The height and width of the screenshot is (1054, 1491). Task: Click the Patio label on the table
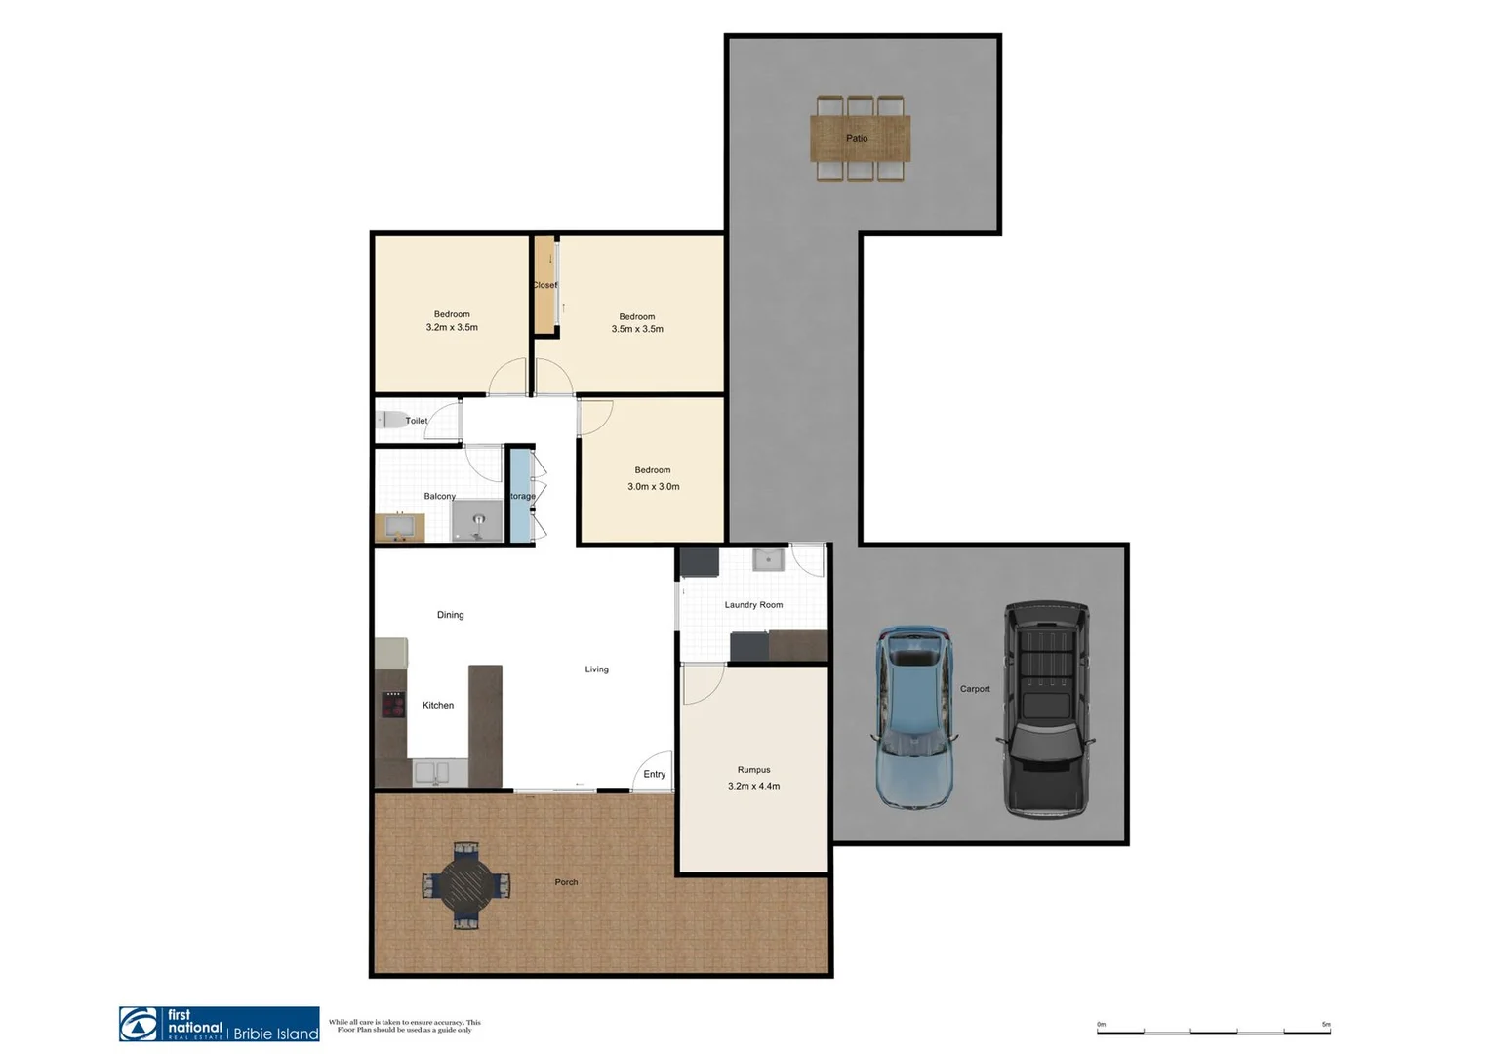click(857, 139)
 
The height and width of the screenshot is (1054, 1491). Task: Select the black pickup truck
click(1046, 709)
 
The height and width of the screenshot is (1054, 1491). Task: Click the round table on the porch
click(465, 884)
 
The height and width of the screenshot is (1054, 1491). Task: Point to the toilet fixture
click(392, 421)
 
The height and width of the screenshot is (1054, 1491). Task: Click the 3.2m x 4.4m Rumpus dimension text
click(753, 786)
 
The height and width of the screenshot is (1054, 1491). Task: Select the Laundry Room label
click(753, 605)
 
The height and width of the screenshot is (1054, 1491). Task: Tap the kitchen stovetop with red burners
click(393, 705)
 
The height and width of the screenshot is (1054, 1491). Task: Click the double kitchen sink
click(431, 772)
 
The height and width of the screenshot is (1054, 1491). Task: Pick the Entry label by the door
click(654, 775)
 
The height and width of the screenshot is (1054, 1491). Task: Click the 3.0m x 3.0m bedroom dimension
click(653, 486)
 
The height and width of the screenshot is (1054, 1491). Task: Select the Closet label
click(544, 285)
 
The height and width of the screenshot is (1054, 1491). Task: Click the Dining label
click(450, 615)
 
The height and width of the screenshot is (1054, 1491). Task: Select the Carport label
click(974, 689)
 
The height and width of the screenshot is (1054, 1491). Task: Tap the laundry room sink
click(768, 559)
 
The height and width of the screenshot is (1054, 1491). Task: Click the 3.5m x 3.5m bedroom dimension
click(637, 329)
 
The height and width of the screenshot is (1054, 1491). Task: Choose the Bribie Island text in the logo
click(276, 1034)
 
